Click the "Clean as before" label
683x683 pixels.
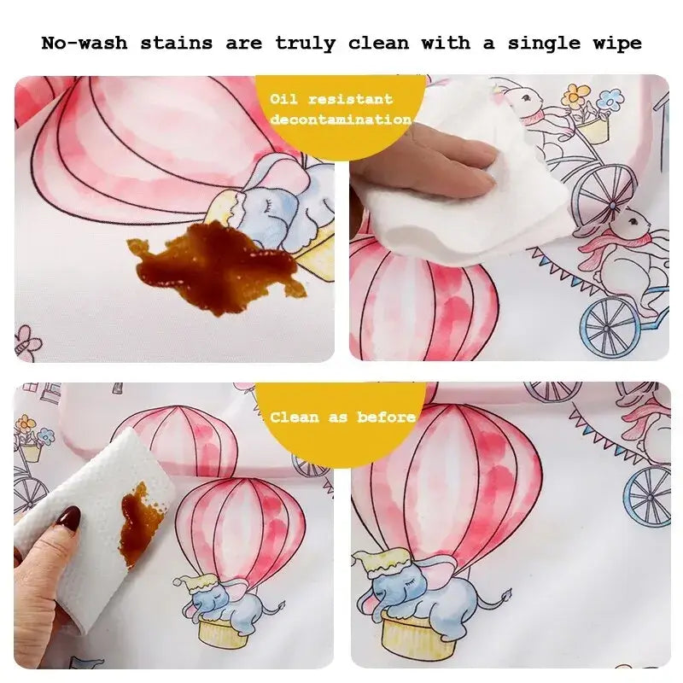click(342, 417)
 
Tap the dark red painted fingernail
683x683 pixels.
click(67, 519)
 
